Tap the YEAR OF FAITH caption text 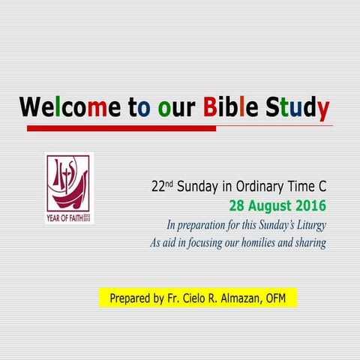(x=64, y=219)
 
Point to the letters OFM (x=281, y=298)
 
